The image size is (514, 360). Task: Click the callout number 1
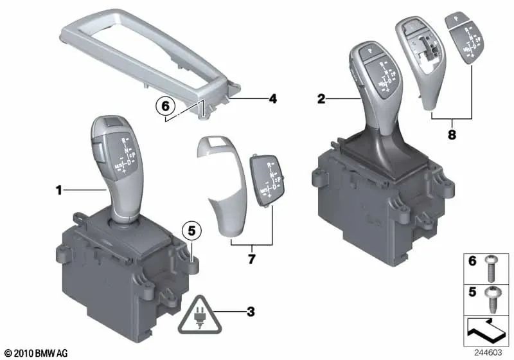pyautogui.click(x=58, y=190)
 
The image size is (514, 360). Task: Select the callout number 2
pyautogui.click(x=322, y=99)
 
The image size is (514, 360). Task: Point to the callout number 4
pyautogui.click(x=272, y=100)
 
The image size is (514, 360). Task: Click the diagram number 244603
pyautogui.click(x=490, y=353)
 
